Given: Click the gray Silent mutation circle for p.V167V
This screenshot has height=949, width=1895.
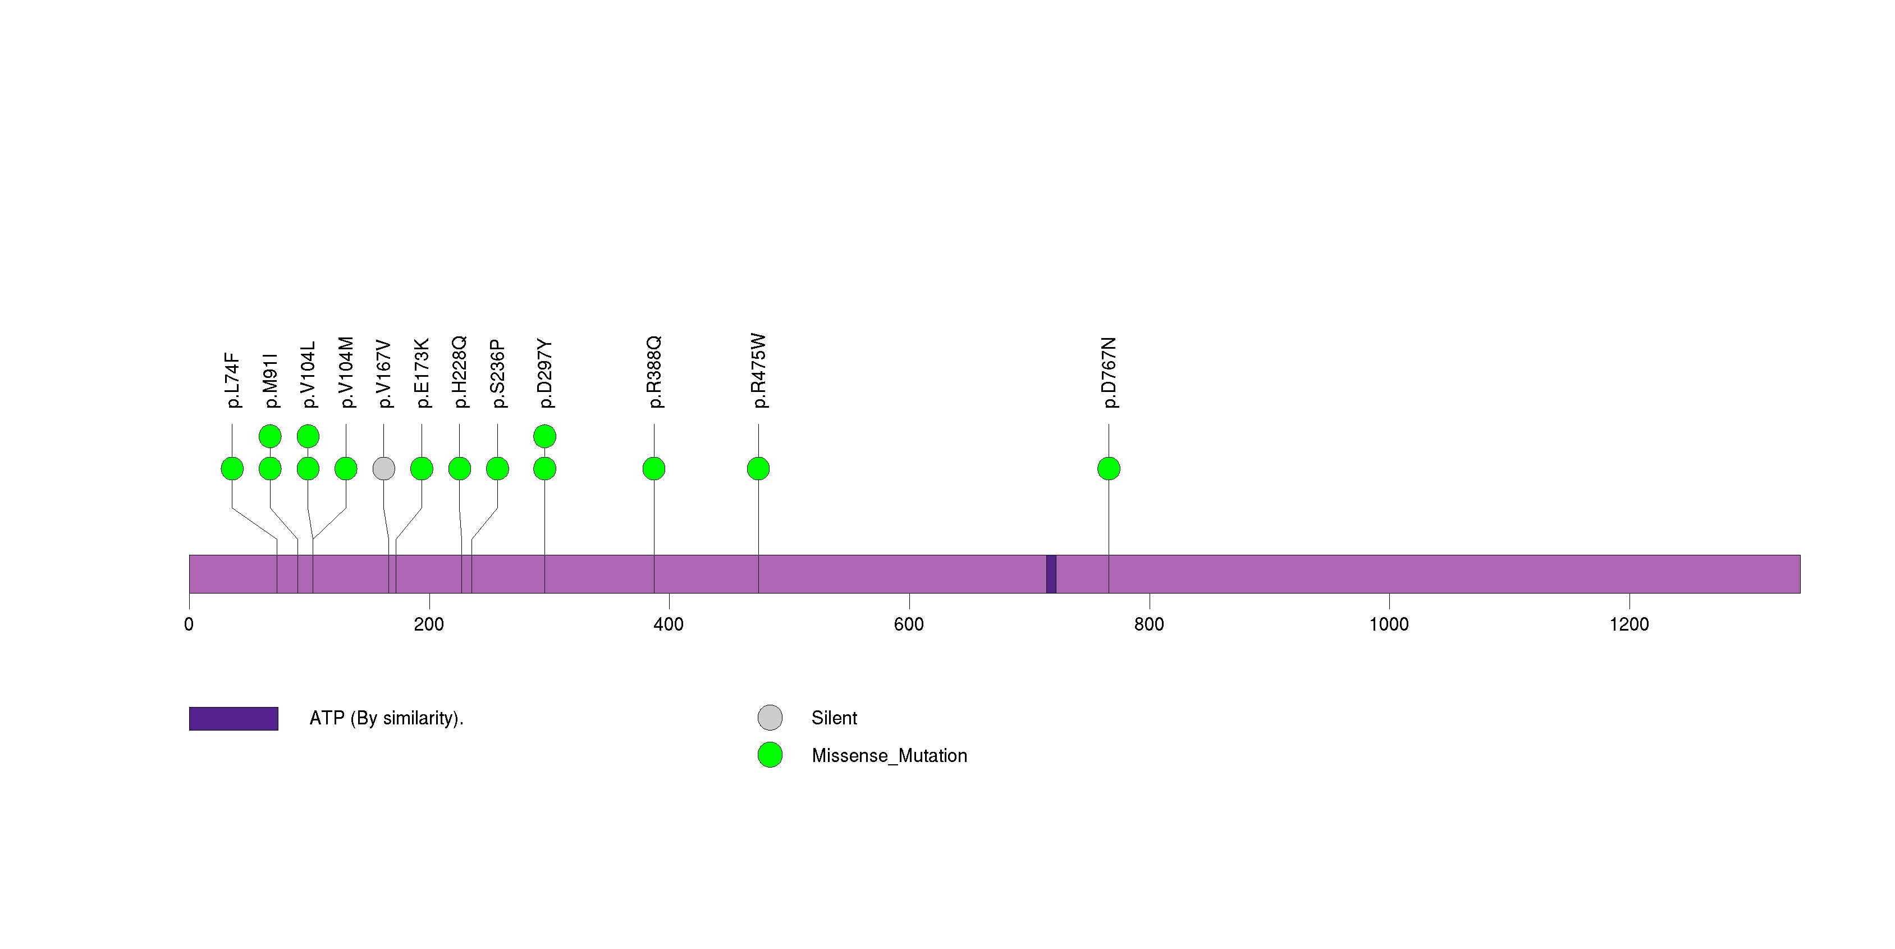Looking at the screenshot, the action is [383, 469].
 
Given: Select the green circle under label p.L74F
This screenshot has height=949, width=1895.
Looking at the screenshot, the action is [232, 469].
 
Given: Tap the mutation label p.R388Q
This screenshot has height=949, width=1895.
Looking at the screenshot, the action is [654, 372].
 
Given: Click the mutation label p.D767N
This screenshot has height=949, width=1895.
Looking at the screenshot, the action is [1109, 373].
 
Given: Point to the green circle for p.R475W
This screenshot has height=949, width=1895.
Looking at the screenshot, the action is [758, 469].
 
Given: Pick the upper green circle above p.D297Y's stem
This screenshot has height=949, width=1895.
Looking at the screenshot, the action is [544, 436].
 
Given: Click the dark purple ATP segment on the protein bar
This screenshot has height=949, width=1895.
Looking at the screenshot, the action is [1051, 574].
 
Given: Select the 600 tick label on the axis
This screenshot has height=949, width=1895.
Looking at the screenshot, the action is [909, 624].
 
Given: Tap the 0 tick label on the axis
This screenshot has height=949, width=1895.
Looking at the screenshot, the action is [189, 624].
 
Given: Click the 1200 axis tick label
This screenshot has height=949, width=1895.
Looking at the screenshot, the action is [1629, 624].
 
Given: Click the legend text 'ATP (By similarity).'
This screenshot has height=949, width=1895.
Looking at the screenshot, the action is [386, 718].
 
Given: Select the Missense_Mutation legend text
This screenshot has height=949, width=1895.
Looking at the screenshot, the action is [889, 756].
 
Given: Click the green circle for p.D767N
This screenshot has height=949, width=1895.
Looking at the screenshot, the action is [1109, 469].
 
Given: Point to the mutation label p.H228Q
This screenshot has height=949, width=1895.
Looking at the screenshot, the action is [459, 372].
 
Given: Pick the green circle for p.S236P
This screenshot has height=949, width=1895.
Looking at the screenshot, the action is [497, 469].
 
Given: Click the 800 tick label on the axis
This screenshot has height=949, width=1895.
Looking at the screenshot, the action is [1148, 624].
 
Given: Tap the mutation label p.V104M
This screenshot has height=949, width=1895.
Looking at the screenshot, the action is [346, 372].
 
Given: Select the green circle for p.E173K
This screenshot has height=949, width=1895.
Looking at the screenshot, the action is [422, 469].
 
